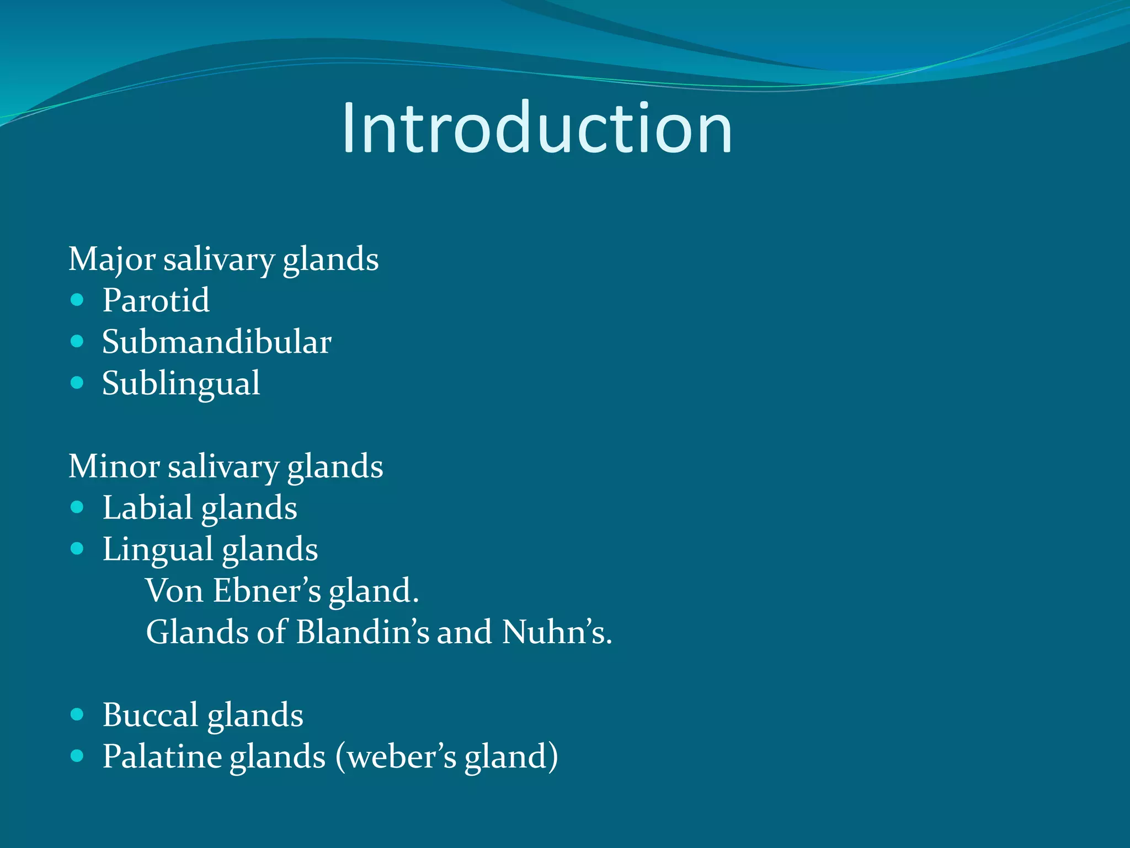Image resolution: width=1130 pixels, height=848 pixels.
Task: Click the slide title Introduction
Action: [x=536, y=128]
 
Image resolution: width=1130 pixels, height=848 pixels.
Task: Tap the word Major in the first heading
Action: [x=111, y=259]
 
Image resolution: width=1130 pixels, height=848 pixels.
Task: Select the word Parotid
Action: [x=156, y=300]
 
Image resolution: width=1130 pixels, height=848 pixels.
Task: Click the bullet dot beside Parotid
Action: [x=77, y=300]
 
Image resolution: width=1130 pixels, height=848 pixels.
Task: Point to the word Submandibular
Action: [x=216, y=342]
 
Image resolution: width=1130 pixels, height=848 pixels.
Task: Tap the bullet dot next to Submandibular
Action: [x=77, y=341]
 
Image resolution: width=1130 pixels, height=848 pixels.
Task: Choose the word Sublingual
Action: [x=180, y=383]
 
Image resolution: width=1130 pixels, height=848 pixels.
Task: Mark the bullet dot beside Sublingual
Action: [x=77, y=383]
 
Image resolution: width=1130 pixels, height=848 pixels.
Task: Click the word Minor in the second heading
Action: [x=114, y=466]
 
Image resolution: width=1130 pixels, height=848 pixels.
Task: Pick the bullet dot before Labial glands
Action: [x=77, y=507]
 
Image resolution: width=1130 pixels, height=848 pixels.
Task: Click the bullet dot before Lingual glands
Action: [x=77, y=548]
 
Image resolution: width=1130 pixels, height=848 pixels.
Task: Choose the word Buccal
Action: [x=150, y=715]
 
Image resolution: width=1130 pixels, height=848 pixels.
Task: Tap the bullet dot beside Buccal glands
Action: [x=77, y=714]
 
